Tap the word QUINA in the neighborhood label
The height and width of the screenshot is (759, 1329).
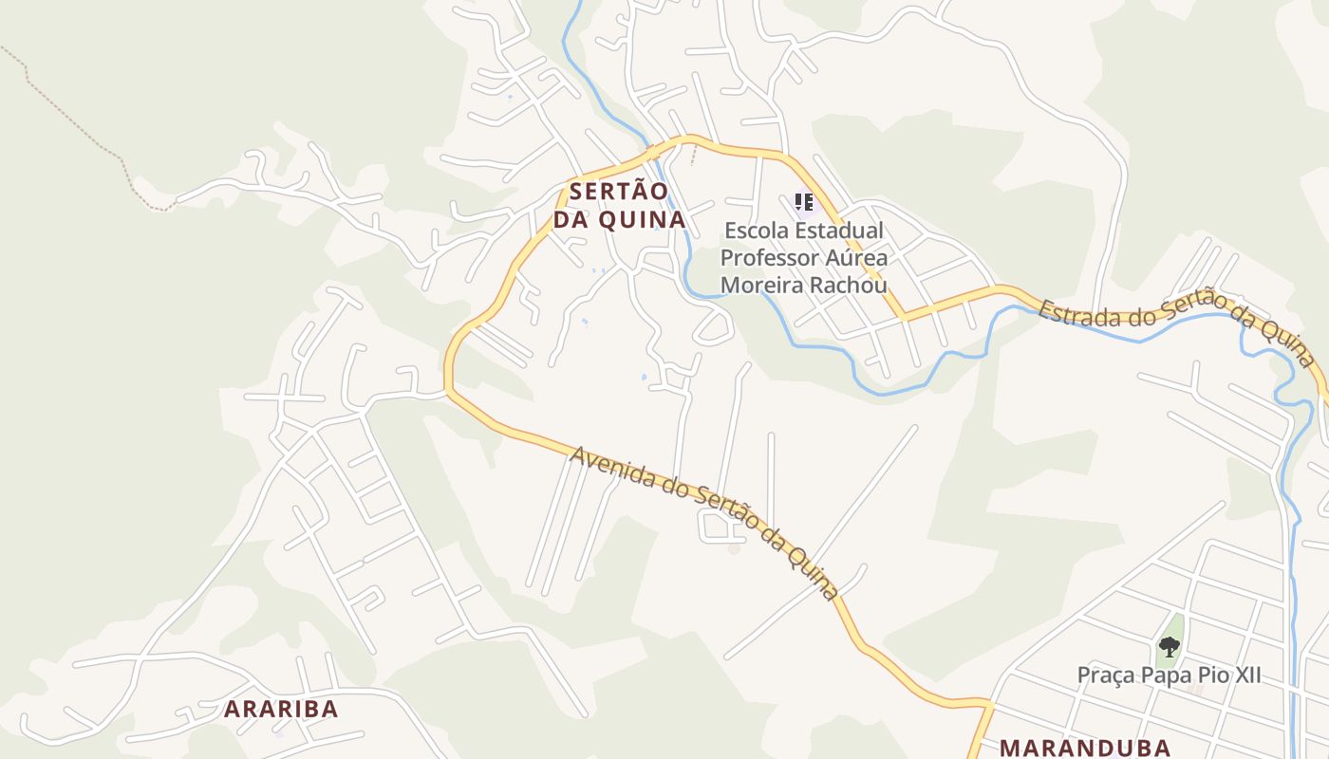coord(652,220)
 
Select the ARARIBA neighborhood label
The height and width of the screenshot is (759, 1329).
coord(281,709)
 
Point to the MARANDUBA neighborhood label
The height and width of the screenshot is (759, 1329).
coord(1085,748)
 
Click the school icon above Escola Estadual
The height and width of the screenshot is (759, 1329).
coord(804,202)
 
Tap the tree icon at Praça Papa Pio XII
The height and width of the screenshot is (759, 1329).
coord(1170,647)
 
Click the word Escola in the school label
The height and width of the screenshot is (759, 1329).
coord(756,231)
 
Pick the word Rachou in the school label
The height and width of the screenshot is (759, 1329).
coord(852,285)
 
